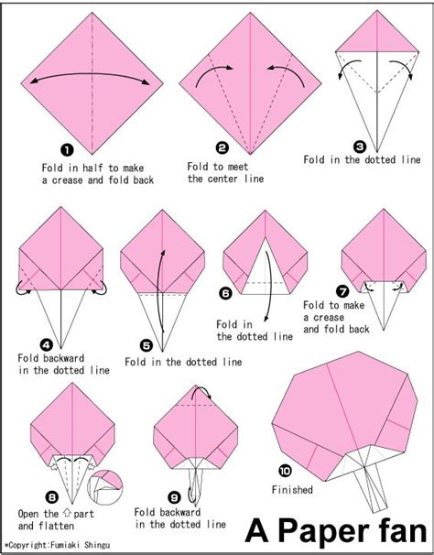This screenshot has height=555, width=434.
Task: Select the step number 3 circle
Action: click(360, 144)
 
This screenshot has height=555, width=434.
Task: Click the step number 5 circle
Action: click(146, 345)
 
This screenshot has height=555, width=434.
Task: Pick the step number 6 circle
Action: click(225, 294)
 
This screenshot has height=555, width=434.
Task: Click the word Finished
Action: click(293, 490)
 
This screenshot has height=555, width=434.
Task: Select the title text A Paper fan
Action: click(335, 530)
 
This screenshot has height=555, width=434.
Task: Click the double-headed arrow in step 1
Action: click(87, 79)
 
